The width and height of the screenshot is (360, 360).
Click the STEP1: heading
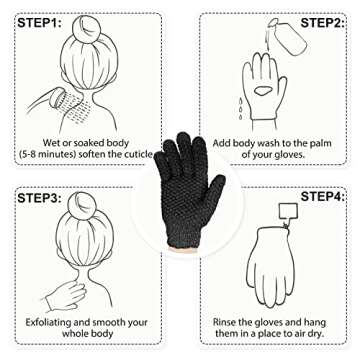point(39,21)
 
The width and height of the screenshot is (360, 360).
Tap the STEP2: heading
point(323,21)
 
